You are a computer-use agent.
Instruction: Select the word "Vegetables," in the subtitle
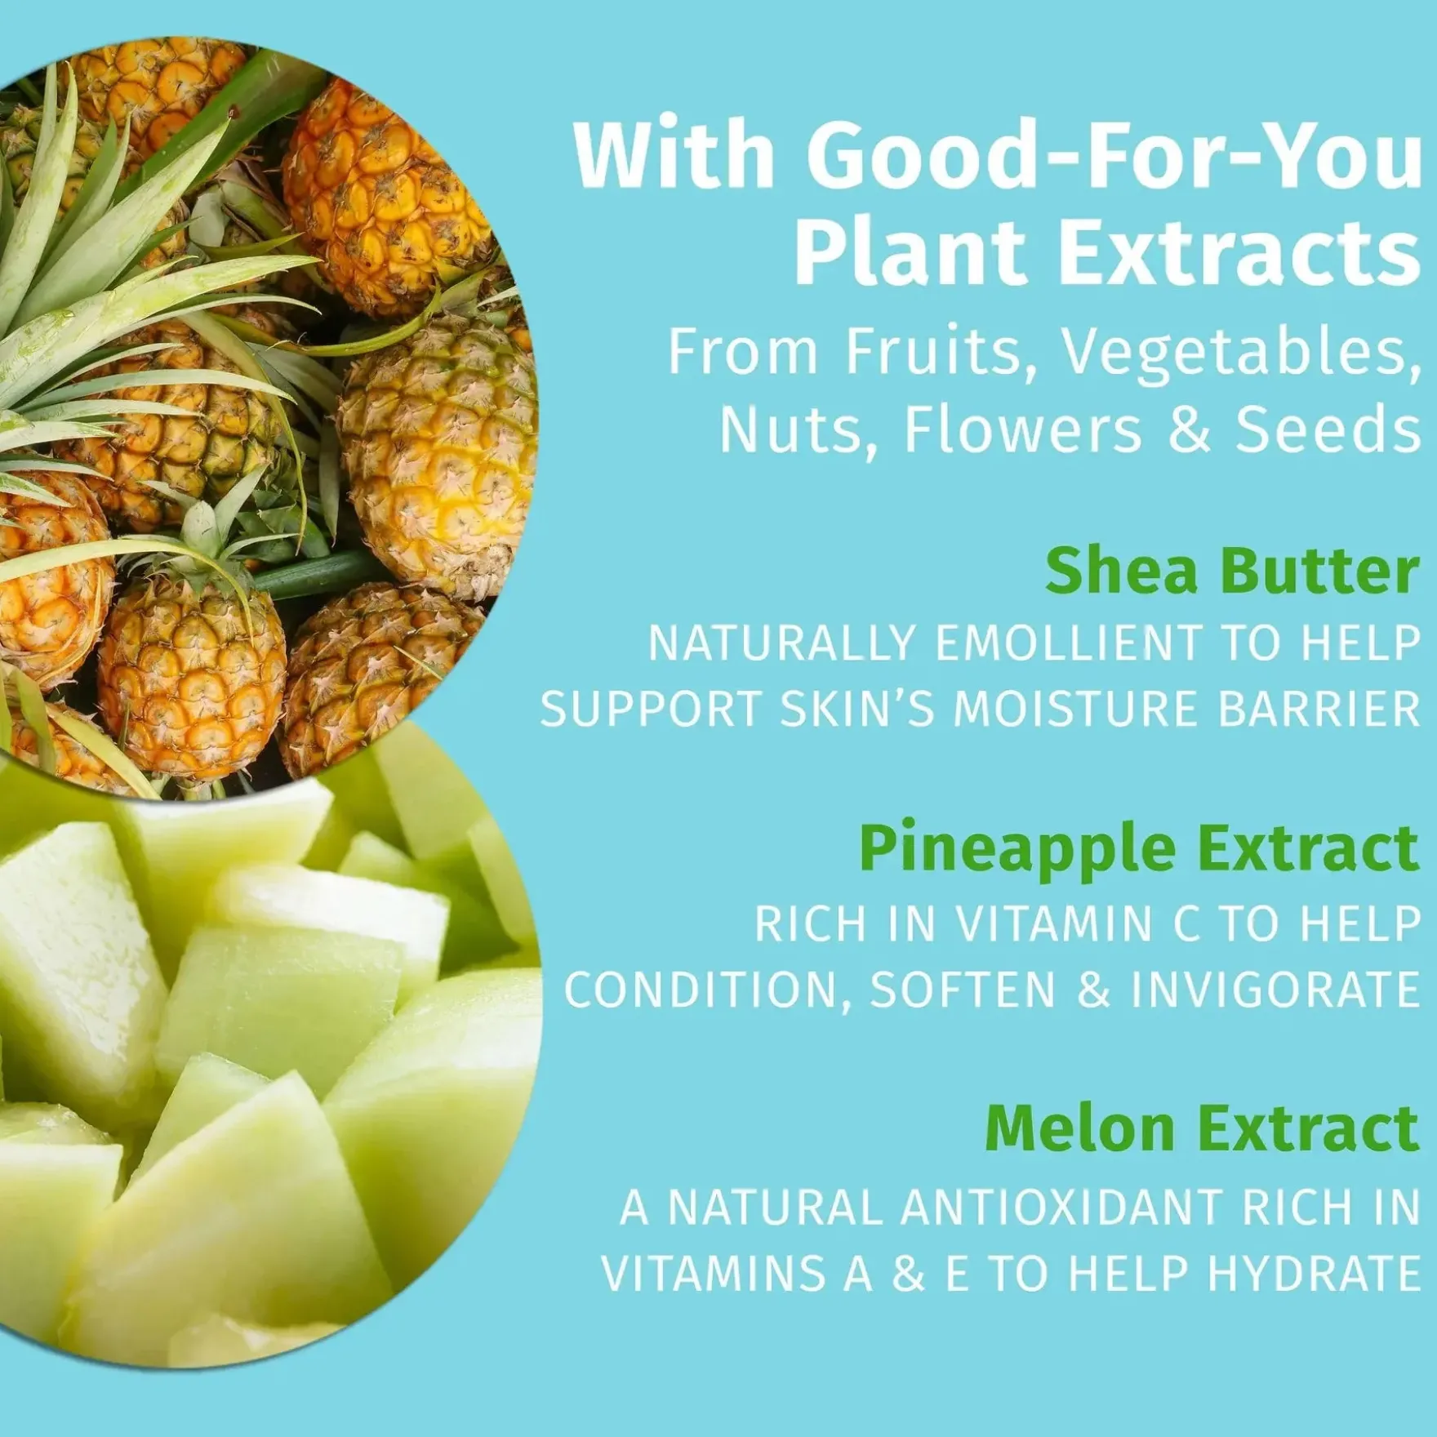pos(1238,353)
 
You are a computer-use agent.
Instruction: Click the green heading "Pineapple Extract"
pos(1139,850)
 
